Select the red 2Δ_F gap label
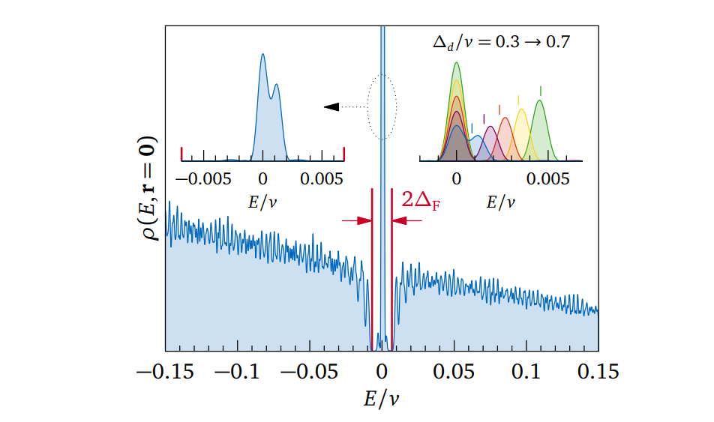click(x=421, y=201)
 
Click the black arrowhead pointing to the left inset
click(x=331, y=107)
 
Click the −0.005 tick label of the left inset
click(x=196, y=180)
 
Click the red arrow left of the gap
click(x=356, y=220)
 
